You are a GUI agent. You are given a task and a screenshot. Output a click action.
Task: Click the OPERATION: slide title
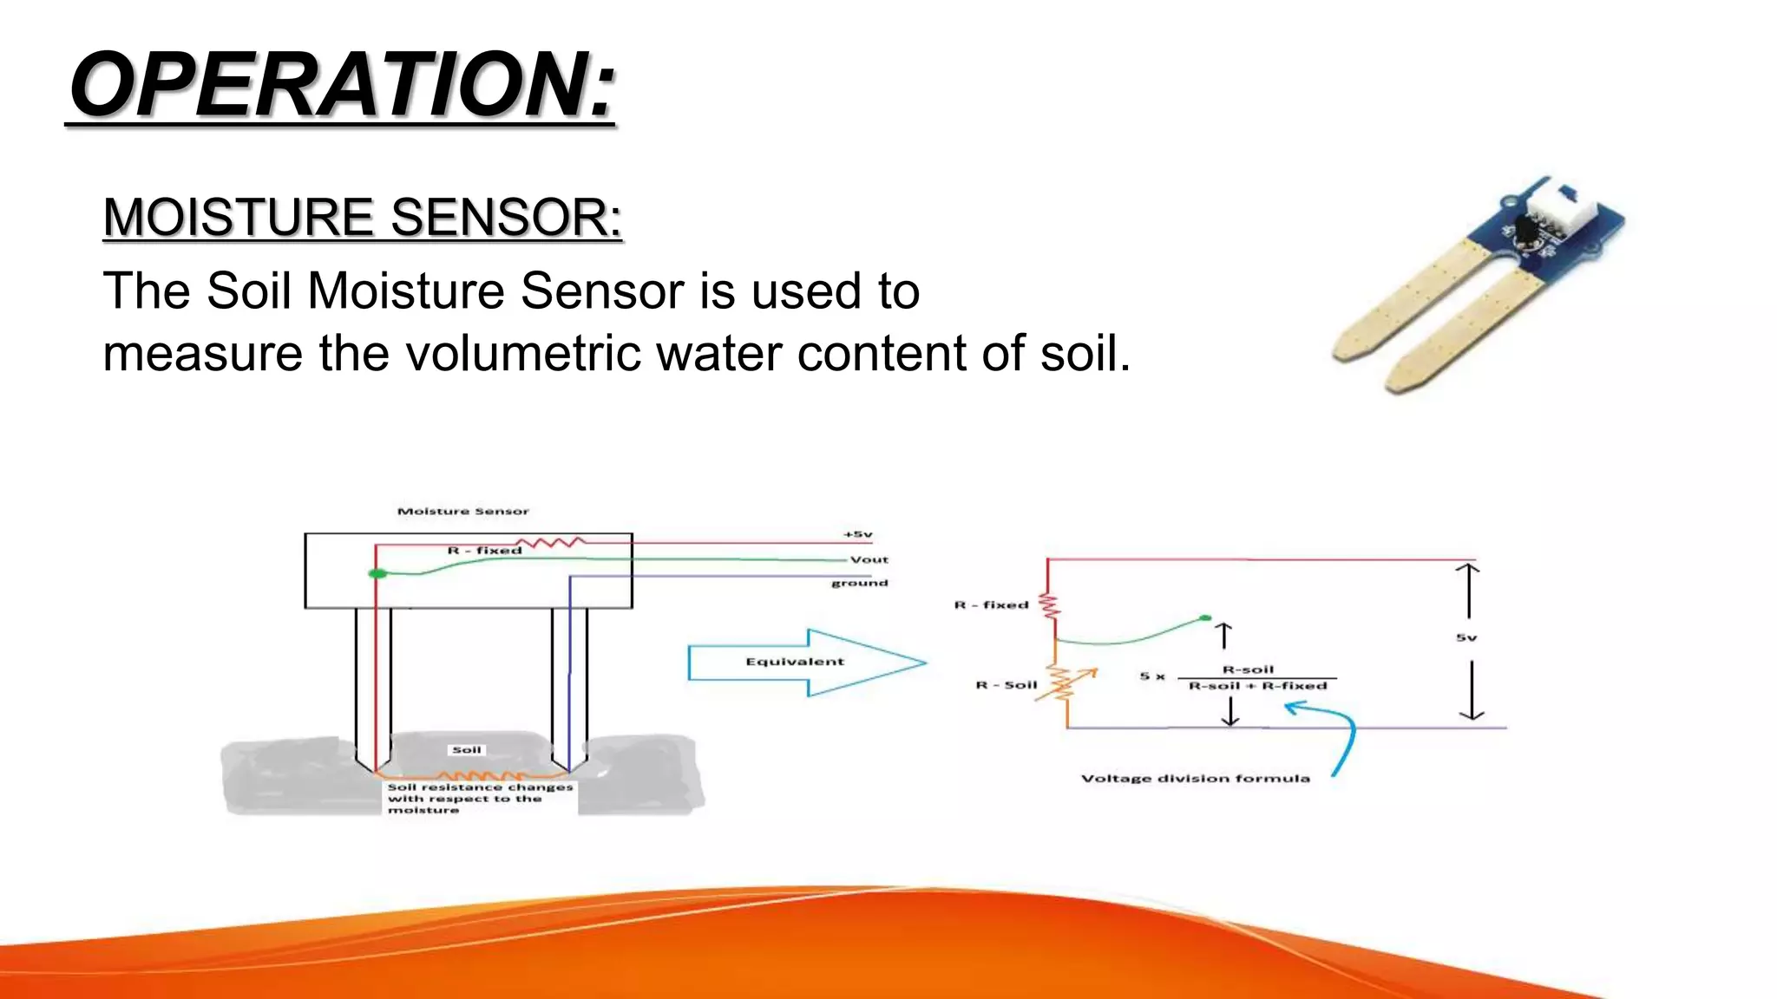(342, 85)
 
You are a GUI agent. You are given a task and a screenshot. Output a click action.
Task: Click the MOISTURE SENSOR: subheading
(363, 217)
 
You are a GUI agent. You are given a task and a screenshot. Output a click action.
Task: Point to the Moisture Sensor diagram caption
(462, 511)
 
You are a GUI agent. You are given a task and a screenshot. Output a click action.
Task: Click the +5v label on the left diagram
(857, 534)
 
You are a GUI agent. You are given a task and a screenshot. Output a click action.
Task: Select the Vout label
(869, 559)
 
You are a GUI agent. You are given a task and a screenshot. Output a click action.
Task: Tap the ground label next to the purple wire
(859, 583)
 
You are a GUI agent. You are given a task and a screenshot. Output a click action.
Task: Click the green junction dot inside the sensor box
(377, 573)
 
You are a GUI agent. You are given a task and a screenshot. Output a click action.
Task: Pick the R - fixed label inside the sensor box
(484, 550)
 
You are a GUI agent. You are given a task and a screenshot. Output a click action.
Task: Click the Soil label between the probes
(466, 749)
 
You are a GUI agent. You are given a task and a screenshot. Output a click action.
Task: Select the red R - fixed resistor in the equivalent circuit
(1050, 605)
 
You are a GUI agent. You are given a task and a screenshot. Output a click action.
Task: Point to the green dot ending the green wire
(1204, 617)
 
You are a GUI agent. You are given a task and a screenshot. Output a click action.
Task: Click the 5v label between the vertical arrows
(1466, 637)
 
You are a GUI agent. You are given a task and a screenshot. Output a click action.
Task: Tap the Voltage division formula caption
(1195, 778)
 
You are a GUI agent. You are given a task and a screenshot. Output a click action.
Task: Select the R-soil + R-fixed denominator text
(1256, 686)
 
